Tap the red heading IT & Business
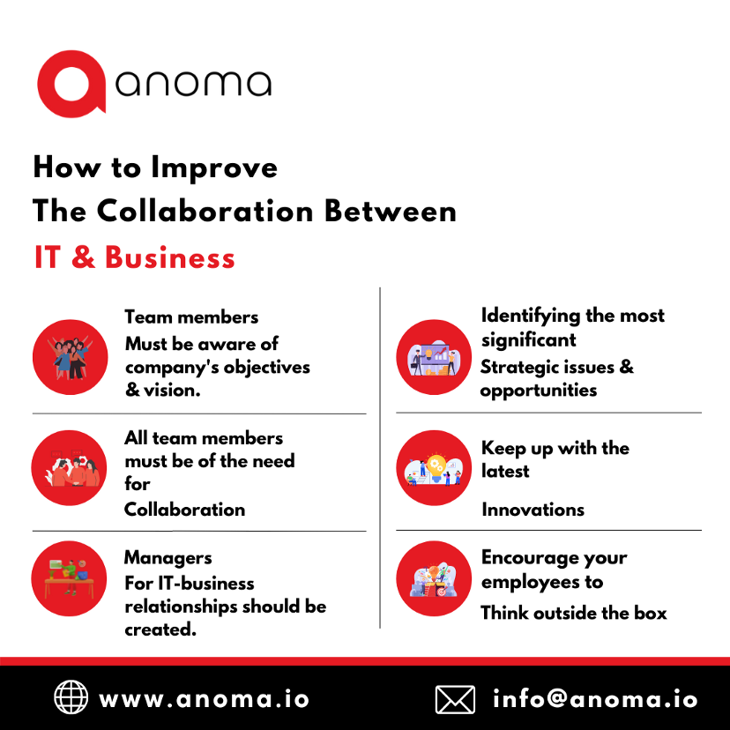tap(134, 257)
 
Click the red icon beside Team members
tap(70, 356)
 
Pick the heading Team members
tap(191, 317)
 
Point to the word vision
tap(175, 389)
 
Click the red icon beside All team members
tap(70, 467)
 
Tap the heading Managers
tap(168, 557)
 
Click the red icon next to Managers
tap(70, 578)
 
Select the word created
tap(160, 629)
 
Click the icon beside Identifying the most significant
tap(434, 356)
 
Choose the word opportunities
tap(538, 390)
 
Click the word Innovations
tap(533, 509)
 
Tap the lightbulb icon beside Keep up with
tap(434, 467)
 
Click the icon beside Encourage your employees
tap(434, 578)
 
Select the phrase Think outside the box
tap(574, 613)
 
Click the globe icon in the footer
tap(71, 698)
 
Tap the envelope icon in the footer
tap(455, 699)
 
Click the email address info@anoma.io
tap(595, 699)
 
